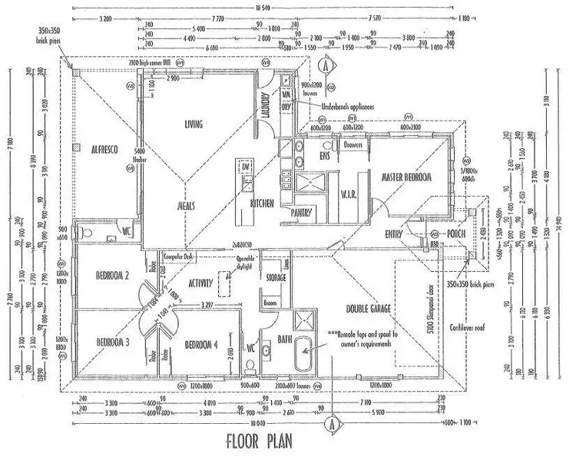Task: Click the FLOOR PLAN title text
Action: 267,442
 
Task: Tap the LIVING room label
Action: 198,124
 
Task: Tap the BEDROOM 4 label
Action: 202,345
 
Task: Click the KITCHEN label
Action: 263,204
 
